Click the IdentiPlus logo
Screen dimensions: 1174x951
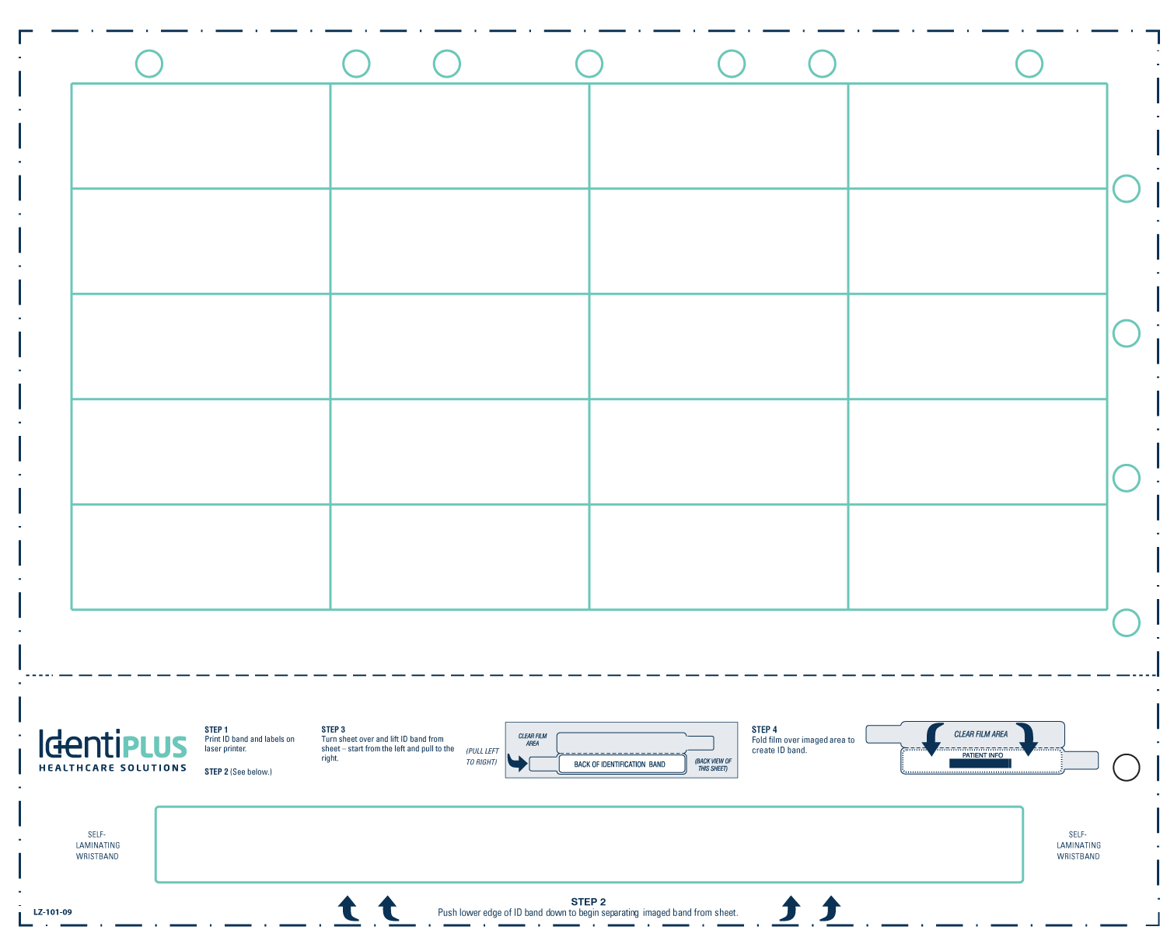pyautogui.click(x=113, y=750)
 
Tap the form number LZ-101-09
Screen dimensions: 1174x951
pyautogui.click(x=53, y=911)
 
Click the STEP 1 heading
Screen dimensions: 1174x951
pyautogui.click(x=216, y=729)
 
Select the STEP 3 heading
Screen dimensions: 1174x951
pyautogui.click(x=333, y=729)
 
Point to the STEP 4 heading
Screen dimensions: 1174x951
pyautogui.click(x=764, y=729)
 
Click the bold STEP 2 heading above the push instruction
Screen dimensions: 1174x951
pyautogui.click(x=588, y=901)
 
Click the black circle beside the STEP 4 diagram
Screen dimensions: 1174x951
pyautogui.click(x=1126, y=767)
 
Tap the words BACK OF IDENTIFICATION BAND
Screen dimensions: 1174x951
pyautogui.click(x=620, y=765)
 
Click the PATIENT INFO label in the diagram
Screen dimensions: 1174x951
pyautogui.click(x=982, y=755)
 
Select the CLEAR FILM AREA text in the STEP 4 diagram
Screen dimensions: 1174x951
pyautogui.click(x=980, y=734)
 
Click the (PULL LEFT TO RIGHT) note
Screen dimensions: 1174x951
pyautogui.click(x=482, y=756)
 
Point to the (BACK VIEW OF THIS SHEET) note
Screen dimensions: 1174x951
pyautogui.click(x=713, y=765)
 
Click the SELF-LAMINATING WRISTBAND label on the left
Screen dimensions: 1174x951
pyautogui.click(x=97, y=845)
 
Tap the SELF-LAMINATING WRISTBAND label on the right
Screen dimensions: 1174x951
pyautogui.click(x=1078, y=845)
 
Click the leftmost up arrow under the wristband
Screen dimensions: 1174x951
pyautogui.click(x=348, y=908)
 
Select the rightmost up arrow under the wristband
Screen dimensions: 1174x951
pyautogui.click(x=830, y=908)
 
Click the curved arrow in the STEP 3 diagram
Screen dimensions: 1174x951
pyautogui.click(x=517, y=762)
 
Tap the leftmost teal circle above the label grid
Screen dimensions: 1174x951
pyautogui.click(x=148, y=64)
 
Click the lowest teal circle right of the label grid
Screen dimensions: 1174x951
pyautogui.click(x=1126, y=623)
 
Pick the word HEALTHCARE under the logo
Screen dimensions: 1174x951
pyautogui.click(x=76, y=768)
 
